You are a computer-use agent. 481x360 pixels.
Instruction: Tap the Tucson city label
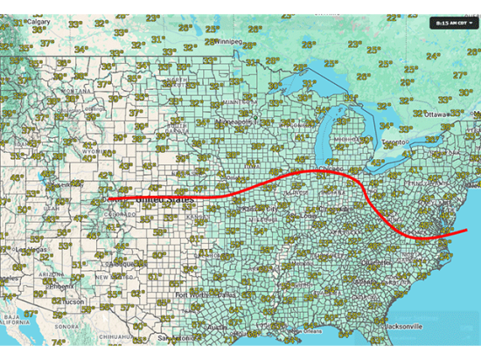73,302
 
